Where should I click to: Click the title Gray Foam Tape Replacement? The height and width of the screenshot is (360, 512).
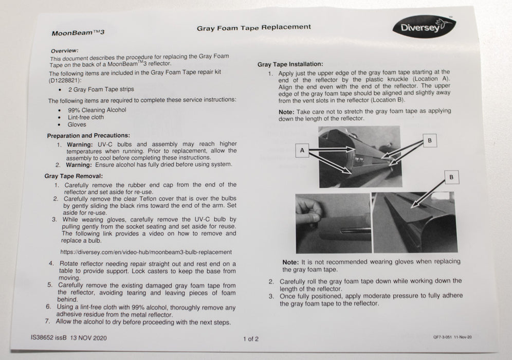point(253,27)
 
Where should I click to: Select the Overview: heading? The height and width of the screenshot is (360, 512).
point(64,50)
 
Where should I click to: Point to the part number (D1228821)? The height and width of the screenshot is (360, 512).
point(67,80)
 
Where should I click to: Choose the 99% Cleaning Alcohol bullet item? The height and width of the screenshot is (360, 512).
point(97,110)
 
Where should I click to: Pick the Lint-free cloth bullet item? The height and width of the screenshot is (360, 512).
point(85,117)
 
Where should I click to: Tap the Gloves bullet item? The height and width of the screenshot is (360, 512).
point(77,124)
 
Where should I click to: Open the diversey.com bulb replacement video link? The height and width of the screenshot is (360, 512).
point(145,252)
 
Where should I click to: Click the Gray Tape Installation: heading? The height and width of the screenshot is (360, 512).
point(290,64)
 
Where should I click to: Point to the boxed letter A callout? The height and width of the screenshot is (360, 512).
point(302,150)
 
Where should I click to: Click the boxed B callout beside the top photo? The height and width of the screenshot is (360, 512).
point(429,140)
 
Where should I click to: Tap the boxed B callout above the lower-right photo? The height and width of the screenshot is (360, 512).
point(451,177)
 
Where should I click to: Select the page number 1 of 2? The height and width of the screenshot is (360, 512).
point(250,338)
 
